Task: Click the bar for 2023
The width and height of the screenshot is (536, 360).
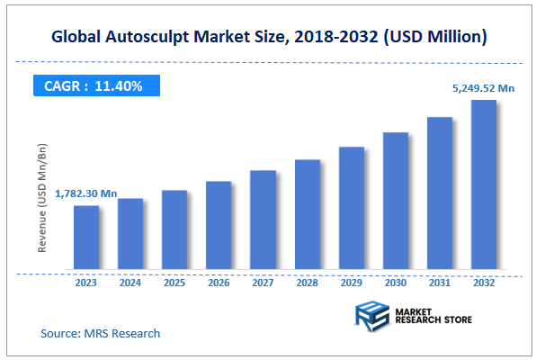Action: pyautogui.click(x=86, y=238)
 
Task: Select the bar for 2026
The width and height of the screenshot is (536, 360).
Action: pyautogui.click(x=219, y=225)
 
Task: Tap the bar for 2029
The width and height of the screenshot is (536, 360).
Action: pyautogui.click(x=352, y=208)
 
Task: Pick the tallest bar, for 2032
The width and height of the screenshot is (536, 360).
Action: pyautogui.click(x=484, y=184)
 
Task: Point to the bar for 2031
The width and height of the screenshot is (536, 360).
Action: pyautogui.click(x=440, y=193)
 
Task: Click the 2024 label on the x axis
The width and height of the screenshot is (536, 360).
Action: pyautogui.click(x=130, y=282)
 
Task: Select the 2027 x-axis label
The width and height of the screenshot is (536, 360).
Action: pyautogui.click(x=263, y=282)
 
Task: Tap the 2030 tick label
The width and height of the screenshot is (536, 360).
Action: pyautogui.click(x=396, y=282)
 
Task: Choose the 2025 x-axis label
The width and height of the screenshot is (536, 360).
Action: pyautogui.click(x=174, y=282)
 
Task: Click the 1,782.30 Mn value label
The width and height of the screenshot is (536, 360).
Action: pyautogui.click(x=86, y=193)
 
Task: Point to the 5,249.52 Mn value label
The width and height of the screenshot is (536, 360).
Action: pyautogui.click(x=484, y=88)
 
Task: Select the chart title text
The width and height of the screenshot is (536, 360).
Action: pyautogui.click(x=269, y=37)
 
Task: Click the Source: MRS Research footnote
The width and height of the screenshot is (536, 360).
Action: pyautogui.click(x=101, y=333)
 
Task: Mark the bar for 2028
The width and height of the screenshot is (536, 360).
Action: pyautogui.click(x=308, y=215)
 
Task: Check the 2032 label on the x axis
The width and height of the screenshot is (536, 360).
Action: pyautogui.click(x=484, y=282)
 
